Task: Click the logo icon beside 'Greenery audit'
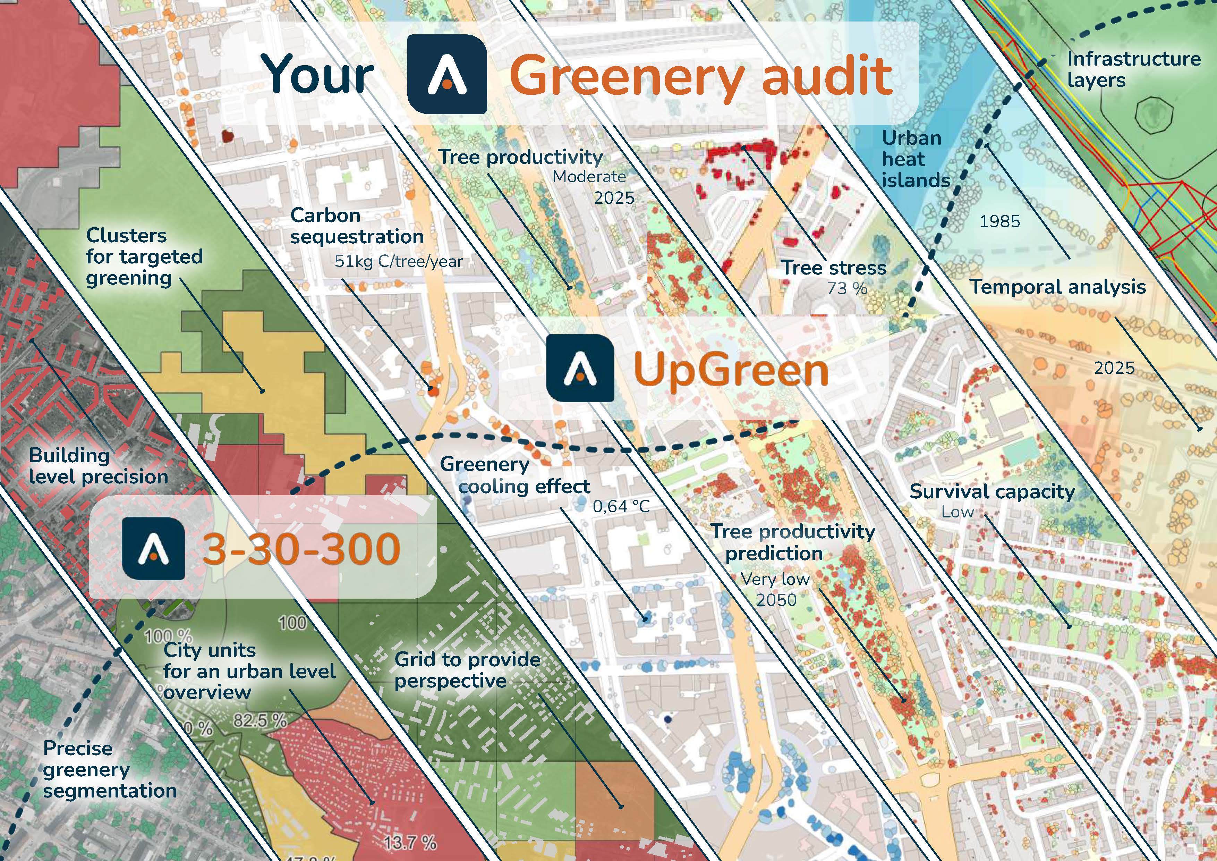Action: [447, 74]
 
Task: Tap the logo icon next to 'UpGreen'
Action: [580, 368]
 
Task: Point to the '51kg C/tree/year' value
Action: [398, 261]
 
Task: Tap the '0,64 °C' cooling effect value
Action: [621, 506]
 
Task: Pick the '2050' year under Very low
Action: [776, 600]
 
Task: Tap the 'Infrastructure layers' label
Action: [1133, 69]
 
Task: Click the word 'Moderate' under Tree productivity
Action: [589, 177]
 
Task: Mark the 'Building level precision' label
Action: [98, 466]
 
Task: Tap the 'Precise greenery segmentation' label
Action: [110, 769]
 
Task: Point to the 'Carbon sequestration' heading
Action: [357, 226]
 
